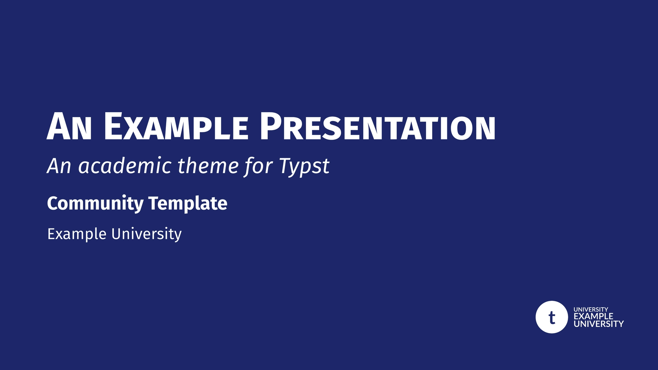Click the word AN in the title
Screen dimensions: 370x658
tap(69, 127)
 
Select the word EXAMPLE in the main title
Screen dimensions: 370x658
tap(176, 127)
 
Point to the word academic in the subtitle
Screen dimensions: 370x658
tap(125, 166)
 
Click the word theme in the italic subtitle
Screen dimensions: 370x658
tap(208, 166)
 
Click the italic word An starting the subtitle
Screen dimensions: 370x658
tap(59, 166)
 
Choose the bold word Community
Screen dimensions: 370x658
tap(95, 203)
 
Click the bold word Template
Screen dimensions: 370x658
tap(188, 203)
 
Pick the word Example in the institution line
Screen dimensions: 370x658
tap(77, 234)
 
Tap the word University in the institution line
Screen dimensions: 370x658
tap(146, 234)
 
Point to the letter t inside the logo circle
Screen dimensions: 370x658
tap(552, 318)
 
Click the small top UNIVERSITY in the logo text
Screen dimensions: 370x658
tap(590, 309)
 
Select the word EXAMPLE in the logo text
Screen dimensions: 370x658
tap(593, 316)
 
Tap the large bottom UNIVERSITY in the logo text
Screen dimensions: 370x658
tap(599, 324)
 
